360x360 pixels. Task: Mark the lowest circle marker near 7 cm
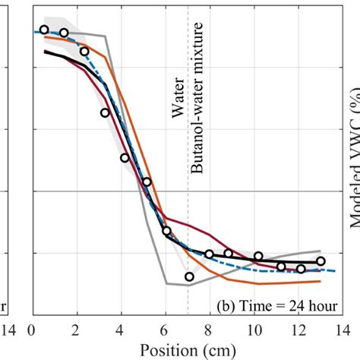coord(189,276)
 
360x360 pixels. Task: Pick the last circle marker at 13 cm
coord(321,261)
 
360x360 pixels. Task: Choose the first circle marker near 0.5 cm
coord(44,30)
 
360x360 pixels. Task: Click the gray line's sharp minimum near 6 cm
coord(167,284)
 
